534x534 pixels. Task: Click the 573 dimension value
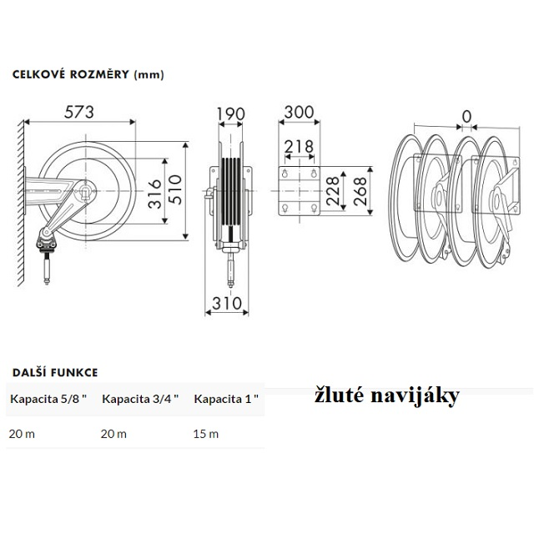pyautogui.click(x=79, y=112)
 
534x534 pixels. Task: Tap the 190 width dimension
pyautogui.click(x=231, y=114)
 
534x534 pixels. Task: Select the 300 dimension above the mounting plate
pyautogui.click(x=299, y=112)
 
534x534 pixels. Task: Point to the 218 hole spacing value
pyautogui.click(x=299, y=147)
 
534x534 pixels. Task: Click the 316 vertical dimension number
pyautogui.click(x=155, y=194)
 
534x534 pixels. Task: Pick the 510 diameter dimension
pyautogui.click(x=176, y=189)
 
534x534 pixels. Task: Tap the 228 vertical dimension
pyautogui.click(x=333, y=191)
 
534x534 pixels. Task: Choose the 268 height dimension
pyautogui.click(x=360, y=191)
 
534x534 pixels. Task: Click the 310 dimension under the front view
pyautogui.click(x=227, y=303)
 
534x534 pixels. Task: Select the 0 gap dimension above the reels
pyautogui.click(x=466, y=117)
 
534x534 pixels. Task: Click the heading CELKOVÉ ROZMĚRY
pyautogui.click(x=71, y=74)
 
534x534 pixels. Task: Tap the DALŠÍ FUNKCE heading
pyautogui.click(x=55, y=372)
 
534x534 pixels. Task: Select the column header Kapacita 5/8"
pyautogui.click(x=48, y=399)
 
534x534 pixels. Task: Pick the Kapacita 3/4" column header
pyautogui.click(x=140, y=399)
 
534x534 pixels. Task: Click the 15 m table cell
pyautogui.click(x=206, y=434)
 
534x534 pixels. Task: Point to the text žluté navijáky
pyautogui.click(x=387, y=396)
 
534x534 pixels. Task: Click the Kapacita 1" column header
pyautogui.click(x=226, y=399)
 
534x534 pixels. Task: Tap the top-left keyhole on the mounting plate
pyautogui.click(x=285, y=174)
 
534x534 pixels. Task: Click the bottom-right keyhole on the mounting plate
pyautogui.click(x=315, y=208)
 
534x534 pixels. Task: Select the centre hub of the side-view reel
pyautogui.click(x=85, y=191)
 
